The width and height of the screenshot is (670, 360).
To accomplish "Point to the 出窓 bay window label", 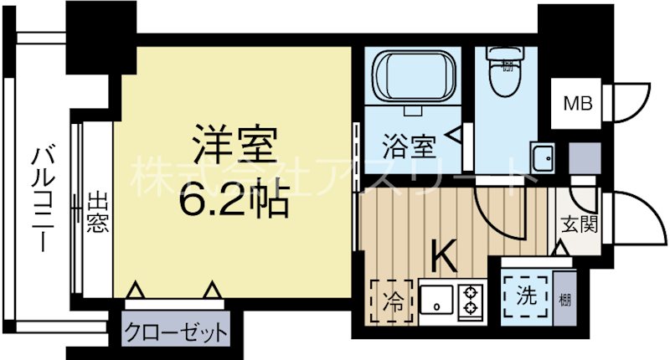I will coord(97,213).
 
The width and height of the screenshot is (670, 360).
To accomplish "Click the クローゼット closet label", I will coord(176,332).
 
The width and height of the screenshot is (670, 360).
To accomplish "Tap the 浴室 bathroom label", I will coord(409,148).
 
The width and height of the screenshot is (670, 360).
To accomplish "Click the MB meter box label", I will coord(576,104).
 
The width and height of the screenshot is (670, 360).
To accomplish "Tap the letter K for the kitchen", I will coord(444,256).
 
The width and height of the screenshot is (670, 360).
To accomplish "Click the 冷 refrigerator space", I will coord(392,299).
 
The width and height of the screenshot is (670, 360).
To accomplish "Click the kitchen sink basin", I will coord(436,300).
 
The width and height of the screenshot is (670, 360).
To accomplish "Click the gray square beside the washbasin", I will coord(579,156).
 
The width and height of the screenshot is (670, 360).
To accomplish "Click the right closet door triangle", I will coord(213,291).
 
